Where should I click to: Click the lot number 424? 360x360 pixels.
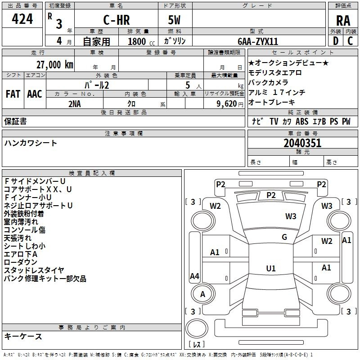(x=22, y=19)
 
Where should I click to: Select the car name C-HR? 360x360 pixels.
(x=117, y=20)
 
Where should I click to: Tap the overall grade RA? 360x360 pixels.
(x=343, y=21)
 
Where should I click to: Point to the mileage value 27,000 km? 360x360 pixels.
(x=54, y=64)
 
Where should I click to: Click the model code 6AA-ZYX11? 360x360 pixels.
(x=258, y=41)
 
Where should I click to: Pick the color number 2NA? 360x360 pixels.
(x=75, y=104)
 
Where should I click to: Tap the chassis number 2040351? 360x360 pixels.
(x=302, y=143)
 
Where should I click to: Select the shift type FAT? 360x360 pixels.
(x=13, y=94)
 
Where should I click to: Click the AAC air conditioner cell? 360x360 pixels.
(x=35, y=94)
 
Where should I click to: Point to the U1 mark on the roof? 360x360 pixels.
(x=271, y=268)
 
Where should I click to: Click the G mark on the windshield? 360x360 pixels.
(x=284, y=237)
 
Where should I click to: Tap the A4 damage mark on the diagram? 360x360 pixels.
(x=194, y=276)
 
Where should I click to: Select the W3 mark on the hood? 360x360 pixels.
(x=291, y=216)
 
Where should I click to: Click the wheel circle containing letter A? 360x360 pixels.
(x=203, y=294)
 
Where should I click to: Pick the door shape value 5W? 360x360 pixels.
(x=174, y=20)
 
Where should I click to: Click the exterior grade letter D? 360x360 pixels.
(x=336, y=41)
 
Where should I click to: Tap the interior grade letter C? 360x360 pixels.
(x=350, y=41)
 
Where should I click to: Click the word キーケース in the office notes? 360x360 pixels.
(x=23, y=336)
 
